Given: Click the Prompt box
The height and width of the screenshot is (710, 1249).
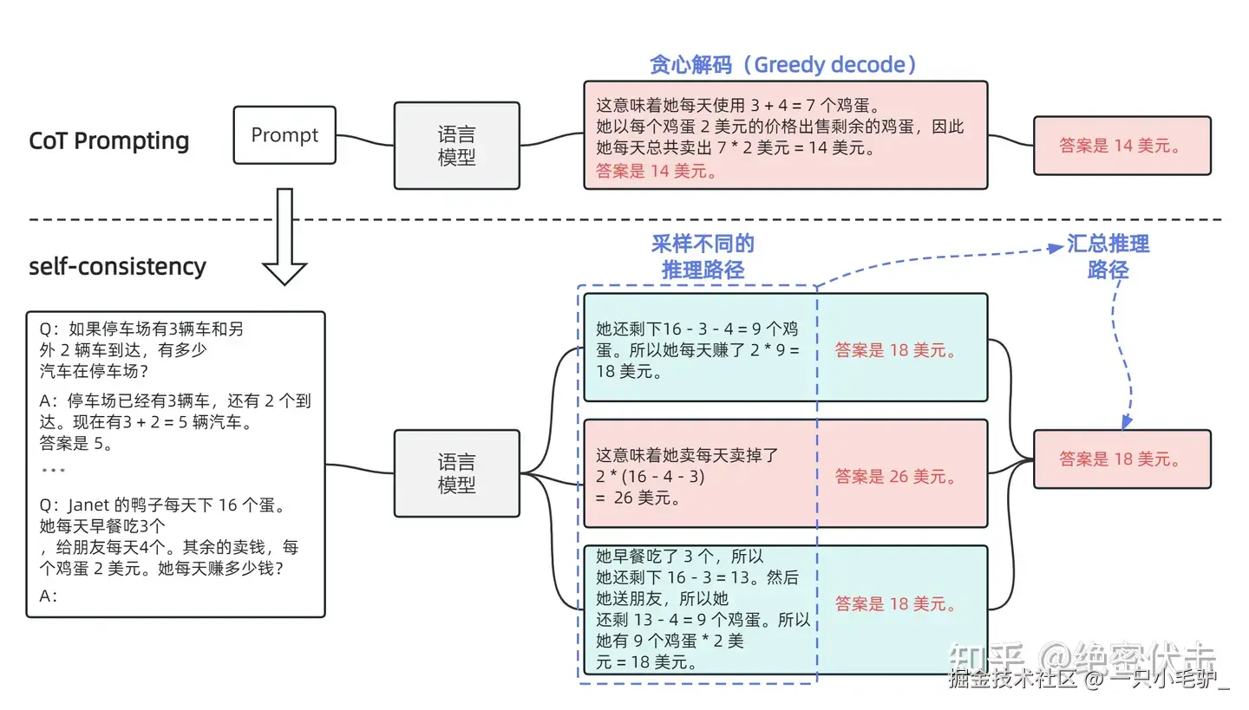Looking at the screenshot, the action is click(x=284, y=135).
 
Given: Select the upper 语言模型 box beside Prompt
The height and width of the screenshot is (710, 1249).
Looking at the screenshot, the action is click(x=456, y=146).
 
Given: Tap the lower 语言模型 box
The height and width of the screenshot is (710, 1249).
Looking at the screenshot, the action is click(x=456, y=473).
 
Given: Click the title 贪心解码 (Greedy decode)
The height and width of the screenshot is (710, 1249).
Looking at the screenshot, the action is click(x=783, y=65).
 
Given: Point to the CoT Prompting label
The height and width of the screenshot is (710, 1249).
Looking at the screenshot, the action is click(x=109, y=141).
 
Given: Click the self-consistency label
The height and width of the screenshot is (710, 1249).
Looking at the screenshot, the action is click(x=118, y=266).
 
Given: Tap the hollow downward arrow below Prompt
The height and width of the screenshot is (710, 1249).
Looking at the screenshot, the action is click(x=284, y=237).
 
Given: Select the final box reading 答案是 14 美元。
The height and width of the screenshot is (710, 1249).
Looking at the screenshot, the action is click(x=1121, y=146).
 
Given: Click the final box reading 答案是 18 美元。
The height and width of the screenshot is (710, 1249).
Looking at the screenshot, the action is click(x=1121, y=459).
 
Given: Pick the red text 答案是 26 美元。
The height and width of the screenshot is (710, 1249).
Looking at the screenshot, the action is click(x=895, y=477).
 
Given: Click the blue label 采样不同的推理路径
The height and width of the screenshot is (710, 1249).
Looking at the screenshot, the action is click(x=703, y=257).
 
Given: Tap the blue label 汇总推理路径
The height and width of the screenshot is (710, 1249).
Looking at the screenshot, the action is click(x=1108, y=257).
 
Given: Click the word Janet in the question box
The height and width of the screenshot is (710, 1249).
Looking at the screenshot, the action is click(x=88, y=505).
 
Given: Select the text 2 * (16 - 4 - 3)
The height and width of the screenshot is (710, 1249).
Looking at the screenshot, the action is click(x=651, y=477).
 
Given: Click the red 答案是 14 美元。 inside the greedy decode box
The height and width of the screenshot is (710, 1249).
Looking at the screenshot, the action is click(x=657, y=171).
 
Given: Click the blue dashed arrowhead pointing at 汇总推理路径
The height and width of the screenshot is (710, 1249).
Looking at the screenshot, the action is click(x=1056, y=248).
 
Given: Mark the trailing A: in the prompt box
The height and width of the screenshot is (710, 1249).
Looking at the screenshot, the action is click(x=49, y=596).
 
